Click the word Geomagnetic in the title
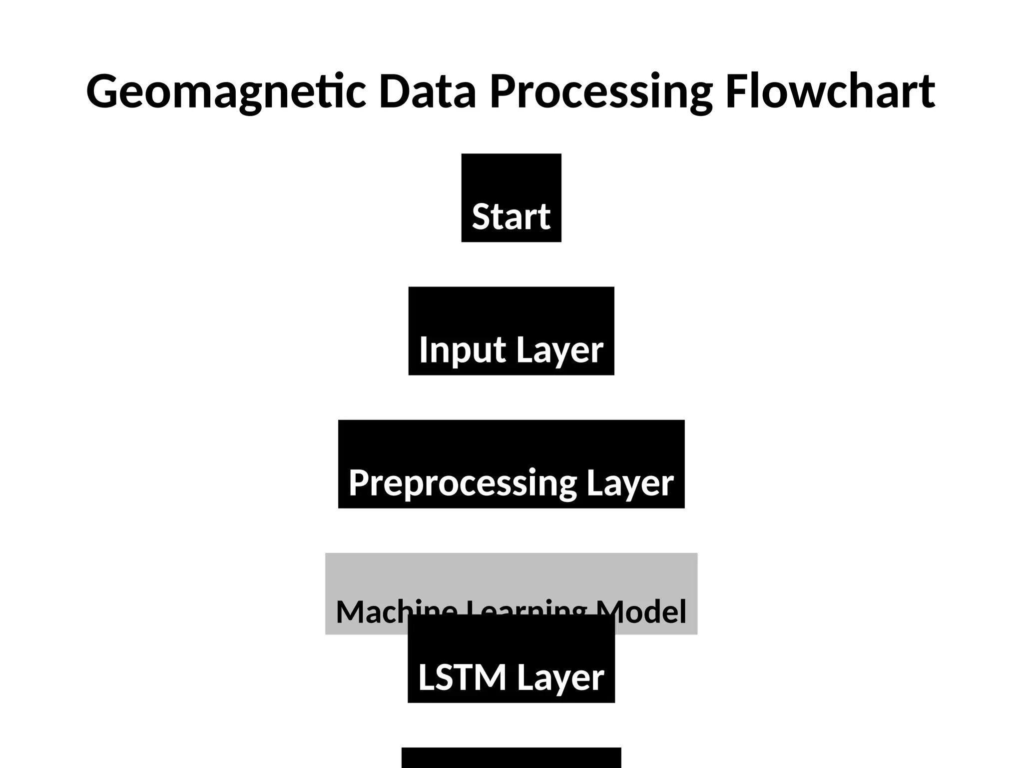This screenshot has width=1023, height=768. tap(226, 91)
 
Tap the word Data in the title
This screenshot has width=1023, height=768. tap(427, 91)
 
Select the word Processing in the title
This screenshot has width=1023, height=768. tap(600, 91)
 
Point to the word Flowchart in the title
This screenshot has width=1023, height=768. tap(830, 91)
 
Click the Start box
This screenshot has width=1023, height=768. tap(511, 197)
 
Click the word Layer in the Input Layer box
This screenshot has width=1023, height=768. tap(559, 350)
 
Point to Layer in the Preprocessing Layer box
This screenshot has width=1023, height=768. tap(630, 483)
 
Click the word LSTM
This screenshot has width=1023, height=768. tap(462, 677)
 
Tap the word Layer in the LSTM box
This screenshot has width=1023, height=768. tap(560, 677)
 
